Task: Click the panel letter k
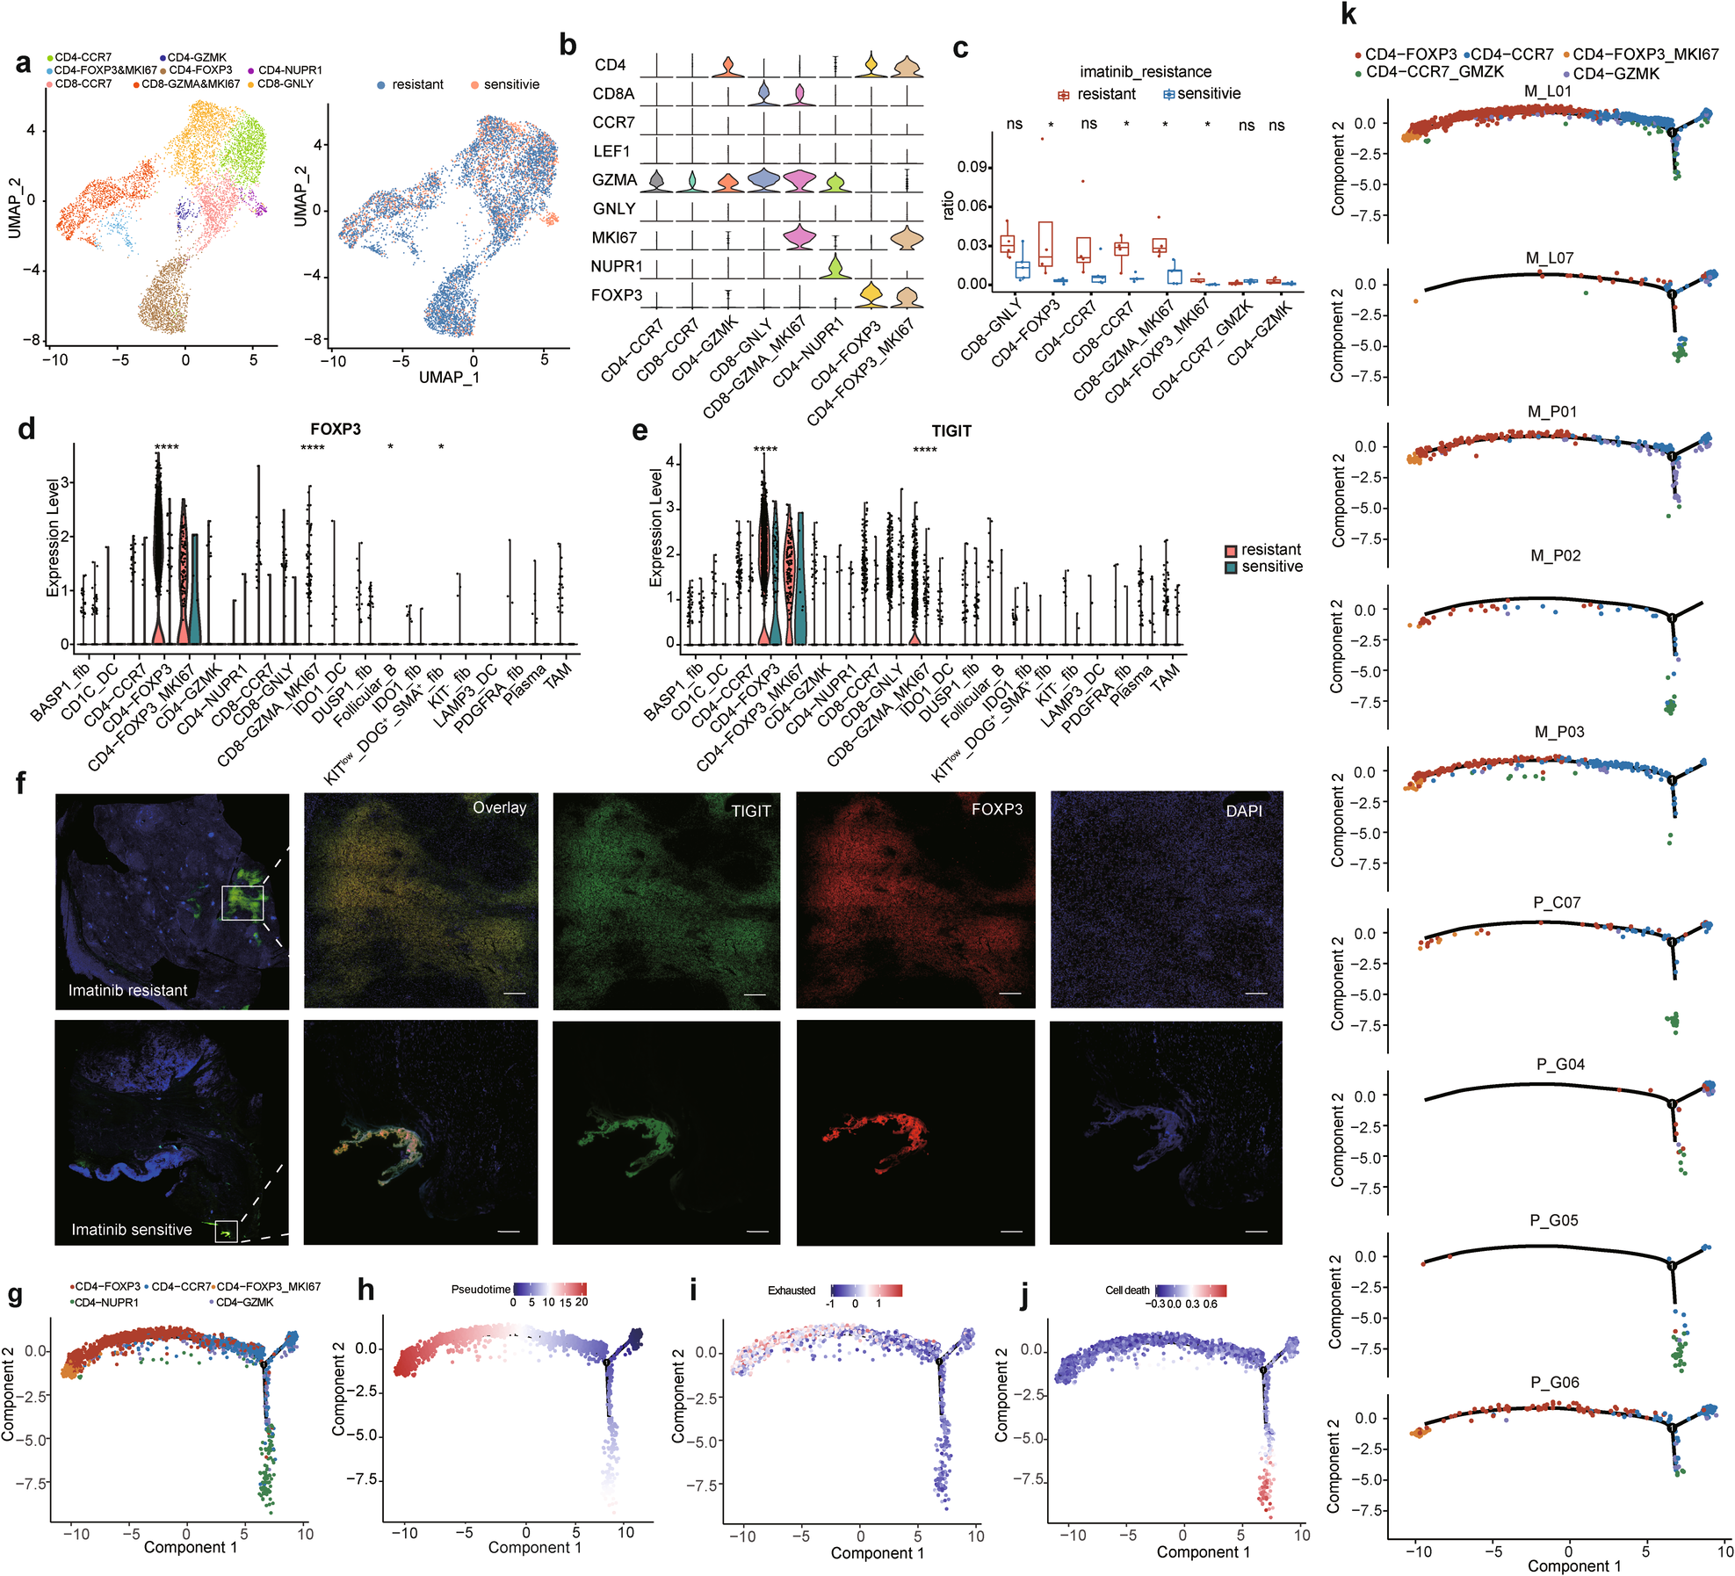(1348, 15)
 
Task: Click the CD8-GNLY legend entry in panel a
(285, 84)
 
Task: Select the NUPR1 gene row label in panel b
(617, 266)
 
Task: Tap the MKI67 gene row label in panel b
(614, 237)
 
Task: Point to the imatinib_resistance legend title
(1145, 72)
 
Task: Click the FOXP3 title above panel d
(335, 430)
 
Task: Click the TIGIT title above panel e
(951, 431)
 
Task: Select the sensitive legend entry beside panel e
(1271, 568)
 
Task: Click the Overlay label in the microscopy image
(499, 807)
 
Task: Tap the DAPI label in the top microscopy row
(1244, 811)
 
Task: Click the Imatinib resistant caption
(128, 990)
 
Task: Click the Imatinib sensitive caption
(132, 1229)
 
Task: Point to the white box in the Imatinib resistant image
(242, 903)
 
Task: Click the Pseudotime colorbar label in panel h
(481, 1289)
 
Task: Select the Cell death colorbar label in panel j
(1127, 1290)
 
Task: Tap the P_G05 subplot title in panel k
(1553, 1220)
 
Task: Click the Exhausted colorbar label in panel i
(792, 1290)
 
